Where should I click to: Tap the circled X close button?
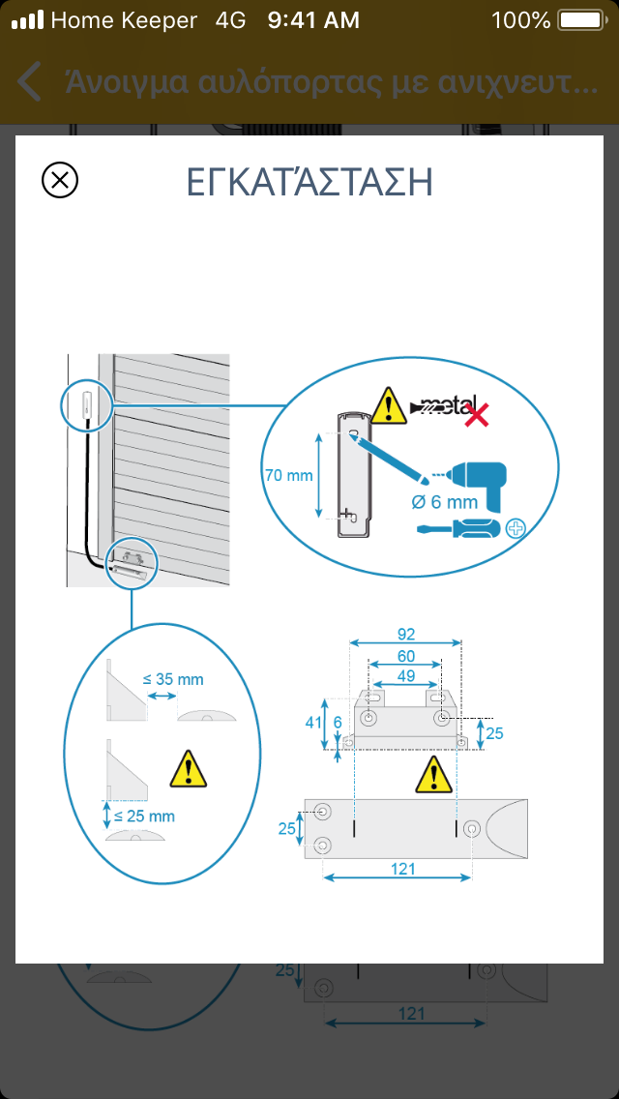pyautogui.click(x=60, y=180)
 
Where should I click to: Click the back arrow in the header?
pyautogui.click(x=29, y=81)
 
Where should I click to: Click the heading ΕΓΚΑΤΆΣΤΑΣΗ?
pyautogui.click(x=309, y=182)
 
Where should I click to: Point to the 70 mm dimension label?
pyautogui.click(x=288, y=475)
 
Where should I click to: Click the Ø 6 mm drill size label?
pyautogui.click(x=445, y=502)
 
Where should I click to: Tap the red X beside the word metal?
pyautogui.click(x=478, y=414)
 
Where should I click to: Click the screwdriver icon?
pyautogui.click(x=459, y=528)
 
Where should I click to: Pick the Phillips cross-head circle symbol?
pyautogui.click(x=516, y=528)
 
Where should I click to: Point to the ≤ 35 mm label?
pyautogui.click(x=173, y=679)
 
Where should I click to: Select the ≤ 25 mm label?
pyautogui.click(x=144, y=816)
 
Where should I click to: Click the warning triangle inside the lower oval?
pyautogui.click(x=188, y=769)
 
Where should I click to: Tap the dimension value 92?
pyautogui.click(x=406, y=635)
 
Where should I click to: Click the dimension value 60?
pyautogui.click(x=406, y=657)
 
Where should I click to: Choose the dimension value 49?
pyautogui.click(x=406, y=676)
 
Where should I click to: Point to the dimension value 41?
pyautogui.click(x=312, y=724)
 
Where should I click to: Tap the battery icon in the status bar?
pyautogui.click(x=581, y=20)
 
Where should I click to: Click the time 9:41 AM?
pyautogui.click(x=313, y=20)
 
